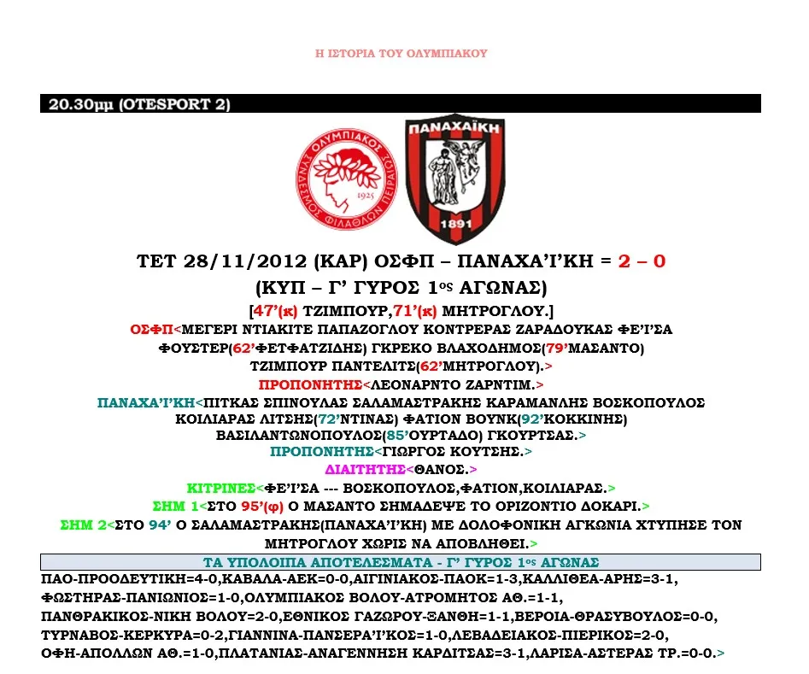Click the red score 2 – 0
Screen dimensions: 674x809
pos(641,261)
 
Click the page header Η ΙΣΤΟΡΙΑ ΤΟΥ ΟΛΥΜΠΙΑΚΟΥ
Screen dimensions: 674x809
pos(401,54)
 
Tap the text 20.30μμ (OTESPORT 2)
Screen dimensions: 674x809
pos(139,105)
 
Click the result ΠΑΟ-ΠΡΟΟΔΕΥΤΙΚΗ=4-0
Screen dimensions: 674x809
pos(116,579)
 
